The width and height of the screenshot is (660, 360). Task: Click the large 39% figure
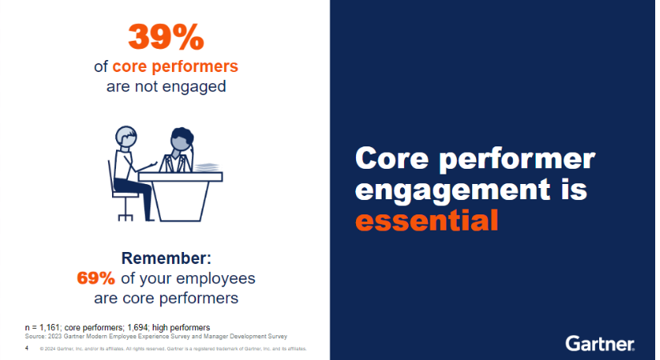click(166, 37)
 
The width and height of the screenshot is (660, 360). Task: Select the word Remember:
click(166, 259)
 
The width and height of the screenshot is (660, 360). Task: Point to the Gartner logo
click(600, 343)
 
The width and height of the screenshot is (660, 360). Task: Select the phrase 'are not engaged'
click(166, 86)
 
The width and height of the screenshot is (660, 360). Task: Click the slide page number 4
click(27, 349)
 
